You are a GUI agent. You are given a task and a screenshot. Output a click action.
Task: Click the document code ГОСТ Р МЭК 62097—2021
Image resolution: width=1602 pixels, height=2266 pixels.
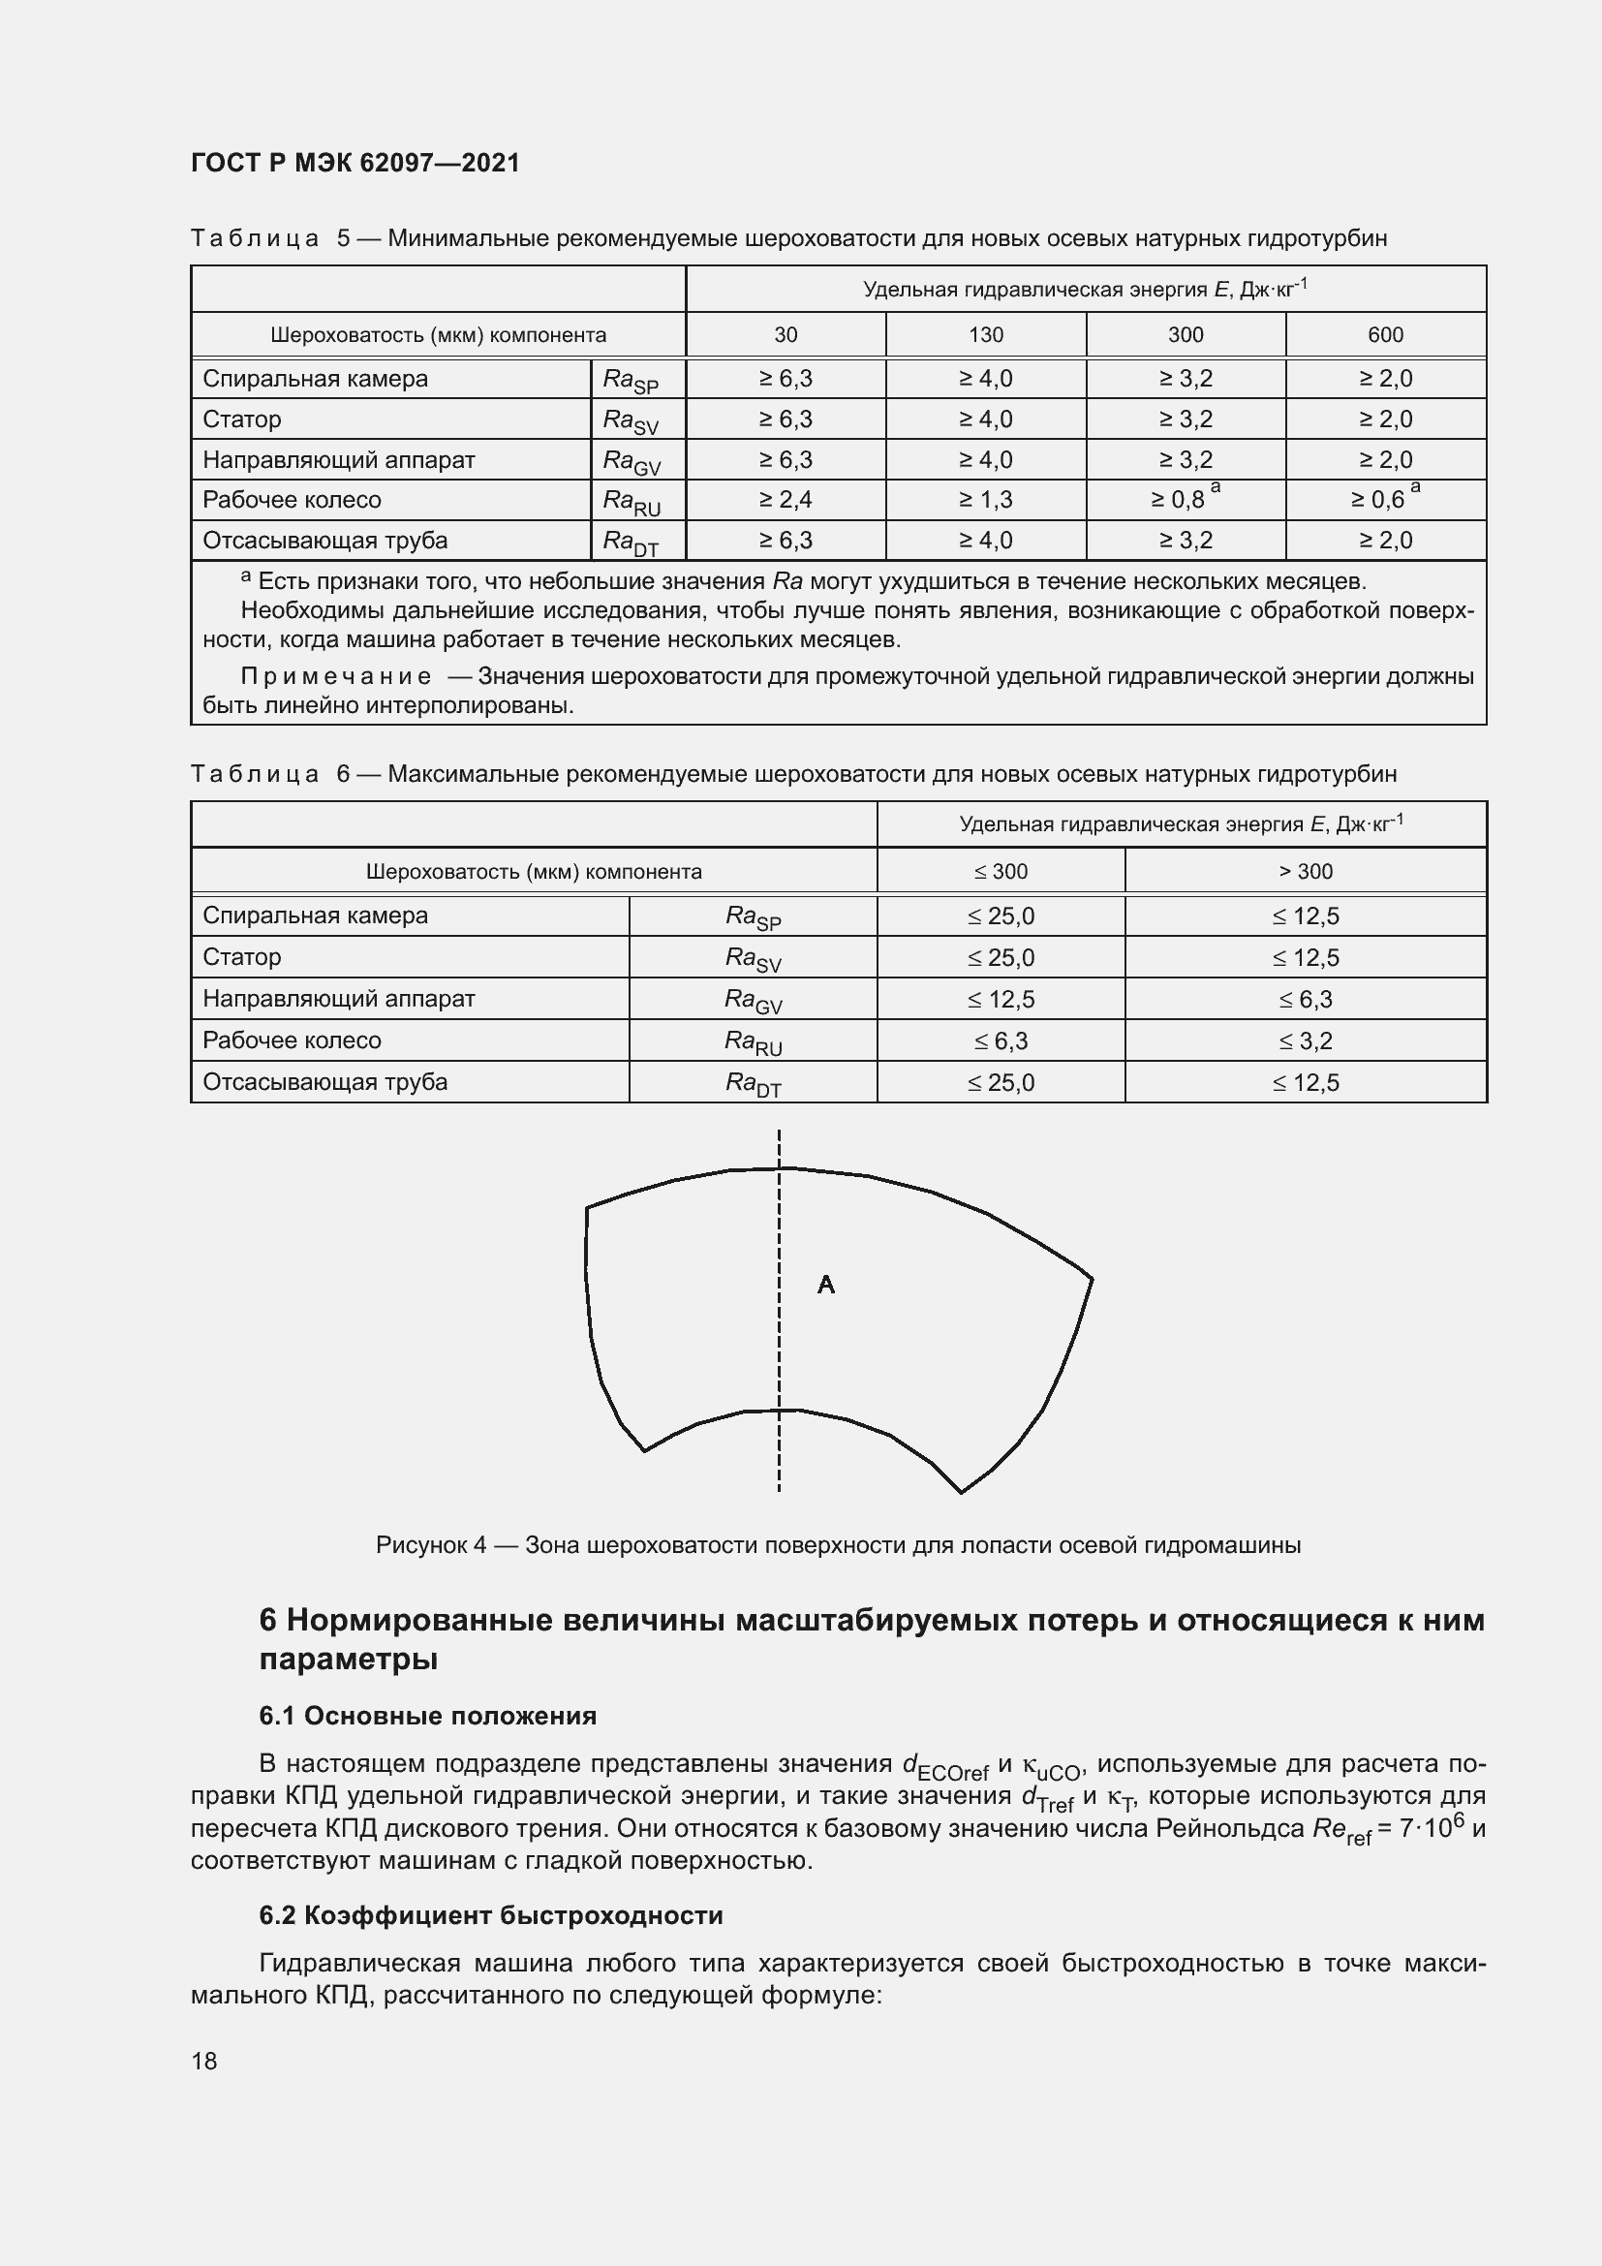[x=355, y=163]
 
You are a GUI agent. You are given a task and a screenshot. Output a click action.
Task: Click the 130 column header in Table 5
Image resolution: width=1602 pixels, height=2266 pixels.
[x=985, y=334]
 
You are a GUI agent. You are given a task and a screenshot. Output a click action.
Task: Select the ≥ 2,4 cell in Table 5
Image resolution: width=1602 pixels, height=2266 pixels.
[x=786, y=499]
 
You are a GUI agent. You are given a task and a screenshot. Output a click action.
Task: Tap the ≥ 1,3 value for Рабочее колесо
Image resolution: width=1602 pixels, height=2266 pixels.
[x=985, y=499]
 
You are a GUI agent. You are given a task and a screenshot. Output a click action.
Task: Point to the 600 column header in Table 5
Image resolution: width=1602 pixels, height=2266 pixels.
[x=1385, y=334]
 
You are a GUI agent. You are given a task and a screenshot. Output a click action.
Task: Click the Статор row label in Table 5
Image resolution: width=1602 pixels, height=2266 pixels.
[x=242, y=419]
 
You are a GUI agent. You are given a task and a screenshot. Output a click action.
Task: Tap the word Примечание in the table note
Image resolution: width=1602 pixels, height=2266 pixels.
[x=335, y=676]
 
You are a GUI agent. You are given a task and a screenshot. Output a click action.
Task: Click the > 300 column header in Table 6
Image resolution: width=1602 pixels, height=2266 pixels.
[x=1305, y=872]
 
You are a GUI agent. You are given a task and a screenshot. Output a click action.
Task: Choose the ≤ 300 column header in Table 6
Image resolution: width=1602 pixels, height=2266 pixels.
[x=1001, y=872]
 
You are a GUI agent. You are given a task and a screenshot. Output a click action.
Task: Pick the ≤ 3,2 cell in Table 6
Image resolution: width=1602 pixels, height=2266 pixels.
[x=1305, y=1041]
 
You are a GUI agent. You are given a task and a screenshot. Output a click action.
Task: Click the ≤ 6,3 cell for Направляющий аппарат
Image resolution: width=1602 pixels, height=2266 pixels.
[x=1305, y=1000]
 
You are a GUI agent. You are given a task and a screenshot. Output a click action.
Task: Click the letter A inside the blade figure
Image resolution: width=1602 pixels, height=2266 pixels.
[x=825, y=1284]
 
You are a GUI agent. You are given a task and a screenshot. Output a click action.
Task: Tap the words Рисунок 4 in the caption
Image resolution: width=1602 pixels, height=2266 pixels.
[x=430, y=1544]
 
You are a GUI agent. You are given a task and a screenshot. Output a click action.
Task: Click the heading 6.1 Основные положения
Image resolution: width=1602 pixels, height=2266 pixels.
[x=427, y=1716]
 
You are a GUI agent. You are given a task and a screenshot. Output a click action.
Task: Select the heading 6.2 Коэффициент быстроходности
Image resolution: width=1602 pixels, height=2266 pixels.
[x=490, y=1914]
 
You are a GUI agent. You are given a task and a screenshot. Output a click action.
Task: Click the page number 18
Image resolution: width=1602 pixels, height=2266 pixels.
[x=204, y=2061]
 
